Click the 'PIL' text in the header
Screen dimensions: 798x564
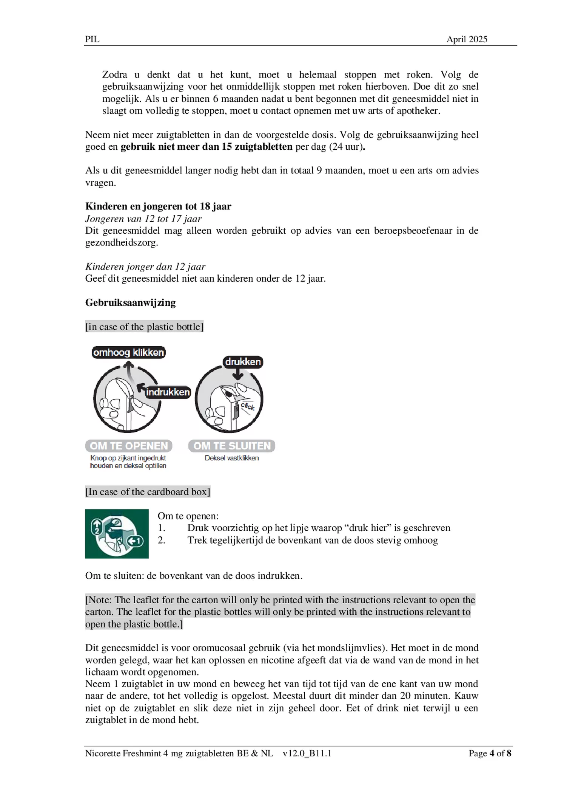(x=92, y=39)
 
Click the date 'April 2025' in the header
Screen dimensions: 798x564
(x=467, y=39)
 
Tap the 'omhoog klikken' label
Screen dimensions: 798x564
(x=128, y=353)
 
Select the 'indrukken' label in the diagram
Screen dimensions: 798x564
(x=168, y=392)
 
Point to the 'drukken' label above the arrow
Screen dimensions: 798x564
(x=243, y=362)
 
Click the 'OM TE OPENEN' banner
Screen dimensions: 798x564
(x=129, y=446)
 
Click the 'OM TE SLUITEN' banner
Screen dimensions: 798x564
(x=232, y=446)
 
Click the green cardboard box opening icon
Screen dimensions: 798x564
(x=117, y=533)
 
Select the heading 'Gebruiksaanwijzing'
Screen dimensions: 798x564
(x=130, y=302)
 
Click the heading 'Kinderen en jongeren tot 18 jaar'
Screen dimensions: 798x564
(x=158, y=206)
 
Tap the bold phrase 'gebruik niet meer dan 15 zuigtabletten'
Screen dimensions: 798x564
(x=206, y=147)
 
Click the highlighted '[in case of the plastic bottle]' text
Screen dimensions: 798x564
(x=144, y=327)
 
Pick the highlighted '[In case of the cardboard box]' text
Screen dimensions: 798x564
(x=148, y=492)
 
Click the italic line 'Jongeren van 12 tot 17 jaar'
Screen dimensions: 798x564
(x=143, y=218)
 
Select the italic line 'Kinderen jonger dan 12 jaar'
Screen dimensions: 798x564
(x=145, y=267)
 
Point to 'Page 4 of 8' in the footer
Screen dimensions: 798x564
(x=490, y=753)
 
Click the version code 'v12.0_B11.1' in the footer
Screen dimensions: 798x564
(x=307, y=753)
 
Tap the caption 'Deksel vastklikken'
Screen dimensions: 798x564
(x=232, y=458)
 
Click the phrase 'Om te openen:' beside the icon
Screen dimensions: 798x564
(x=188, y=516)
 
